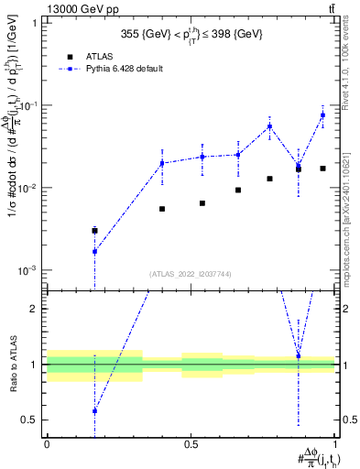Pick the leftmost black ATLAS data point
click(94, 231)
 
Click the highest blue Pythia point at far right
click(322, 115)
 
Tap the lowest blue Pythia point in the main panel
click(94, 251)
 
